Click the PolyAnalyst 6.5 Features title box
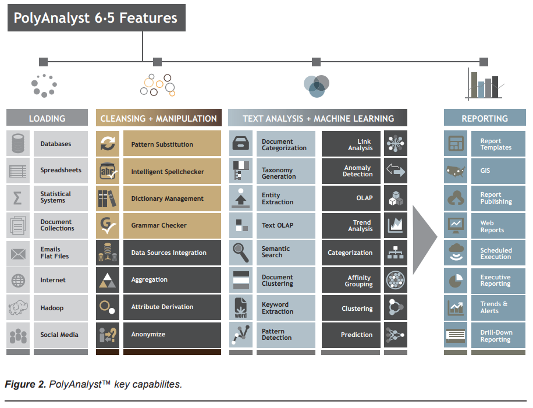97,17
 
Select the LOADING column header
47,118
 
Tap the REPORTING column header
485,118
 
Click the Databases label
56,144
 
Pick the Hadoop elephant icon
18,307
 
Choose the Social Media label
59,335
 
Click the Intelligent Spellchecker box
172,171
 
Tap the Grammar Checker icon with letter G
108,225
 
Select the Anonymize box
172,335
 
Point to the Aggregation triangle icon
108,280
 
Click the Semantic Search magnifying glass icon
241,253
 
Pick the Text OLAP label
278,225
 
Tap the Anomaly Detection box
351,171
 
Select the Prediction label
357,335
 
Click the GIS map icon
456,171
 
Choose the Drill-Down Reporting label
496,336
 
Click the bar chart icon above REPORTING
484,84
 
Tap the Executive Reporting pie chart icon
456,281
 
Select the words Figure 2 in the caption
25,385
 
